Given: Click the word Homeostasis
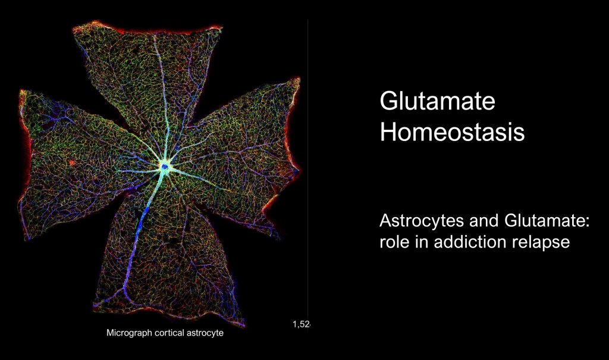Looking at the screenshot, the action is click(452, 132).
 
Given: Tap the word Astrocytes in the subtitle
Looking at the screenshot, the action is click(422, 221).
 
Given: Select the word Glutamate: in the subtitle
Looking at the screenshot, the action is click(547, 221).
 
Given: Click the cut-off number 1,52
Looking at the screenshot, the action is click(302, 324).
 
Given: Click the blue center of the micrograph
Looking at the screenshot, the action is click(165, 167).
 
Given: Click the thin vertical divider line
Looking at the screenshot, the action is click(308, 175).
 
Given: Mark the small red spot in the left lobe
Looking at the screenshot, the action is click(71, 162).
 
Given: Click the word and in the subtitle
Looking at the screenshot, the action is click(485, 221).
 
